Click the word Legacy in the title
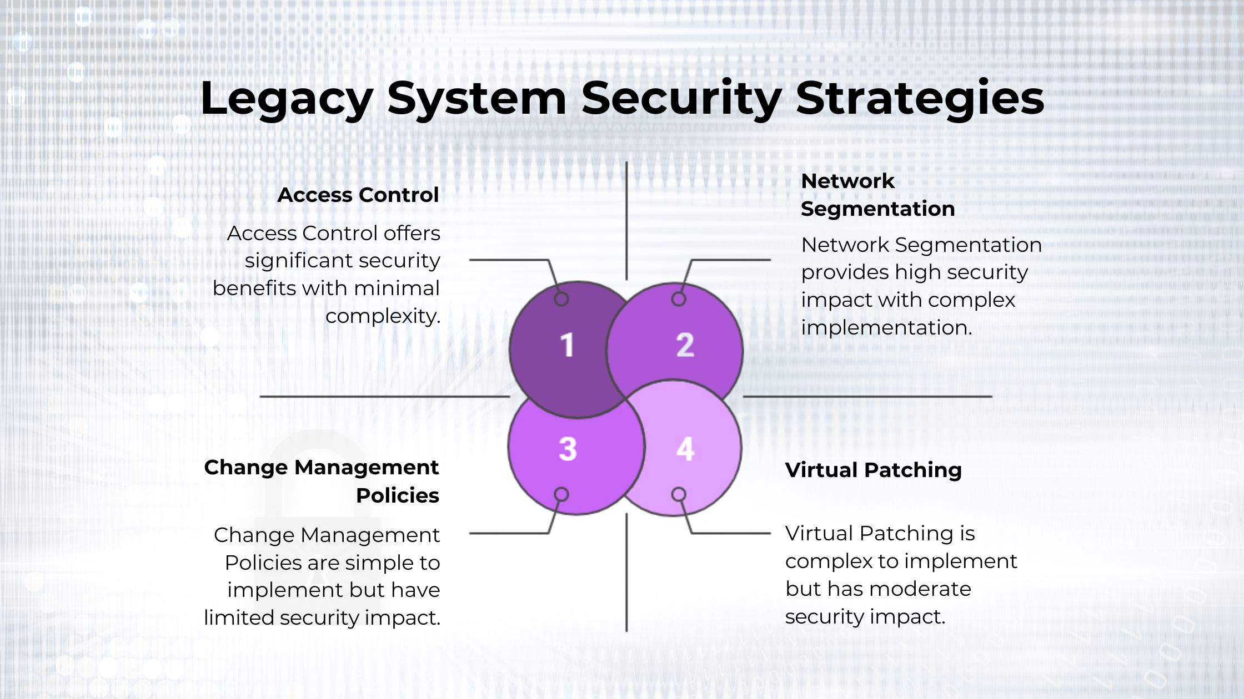click(286, 99)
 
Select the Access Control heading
click(358, 195)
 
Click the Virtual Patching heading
click(873, 470)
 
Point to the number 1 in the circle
click(567, 345)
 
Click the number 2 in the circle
click(685, 345)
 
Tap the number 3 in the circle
click(568, 449)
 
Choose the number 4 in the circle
click(685, 449)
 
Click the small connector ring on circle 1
click(561, 299)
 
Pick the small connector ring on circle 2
click(679, 299)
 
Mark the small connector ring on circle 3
click(561, 494)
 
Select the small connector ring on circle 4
click(679, 494)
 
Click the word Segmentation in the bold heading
click(877, 209)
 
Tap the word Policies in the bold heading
click(398, 495)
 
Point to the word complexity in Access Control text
click(383, 317)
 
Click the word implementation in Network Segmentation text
click(886, 328)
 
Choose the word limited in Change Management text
click(239, 618)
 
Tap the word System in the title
click(476, 99)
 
